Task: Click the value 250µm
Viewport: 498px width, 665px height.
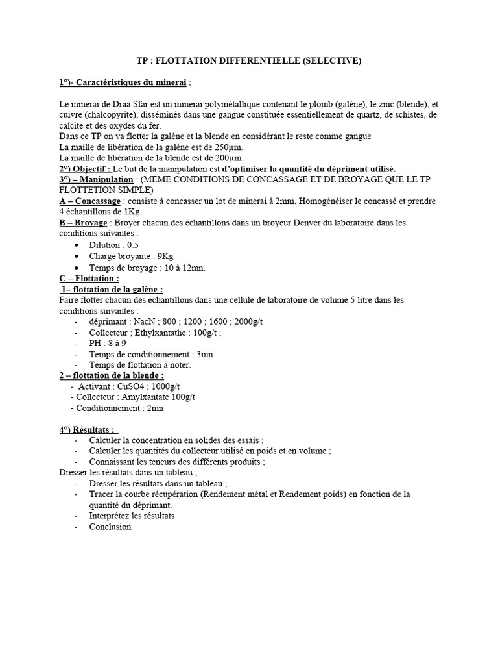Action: tap(224, 147)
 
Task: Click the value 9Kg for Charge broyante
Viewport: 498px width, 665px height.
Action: tap(165, 256)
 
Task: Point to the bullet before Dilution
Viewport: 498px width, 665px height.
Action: tap(78, 245)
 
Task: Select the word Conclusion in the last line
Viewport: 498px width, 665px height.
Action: tap(110, 527)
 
